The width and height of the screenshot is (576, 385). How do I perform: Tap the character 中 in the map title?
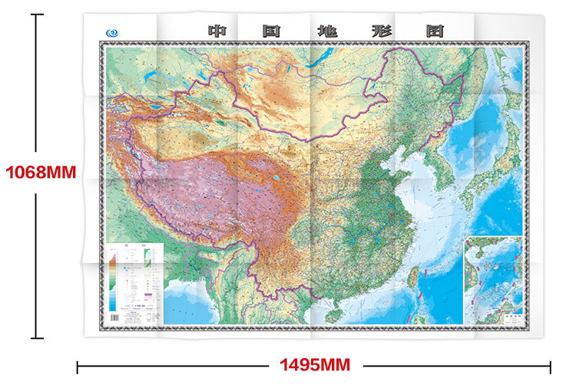217,31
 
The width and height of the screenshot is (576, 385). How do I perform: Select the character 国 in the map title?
270,31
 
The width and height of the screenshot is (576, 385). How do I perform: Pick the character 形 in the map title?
380,31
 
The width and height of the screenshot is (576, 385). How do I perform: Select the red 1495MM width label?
312,364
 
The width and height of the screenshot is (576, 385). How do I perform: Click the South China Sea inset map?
494,280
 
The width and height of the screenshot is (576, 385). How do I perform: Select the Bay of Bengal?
184,303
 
